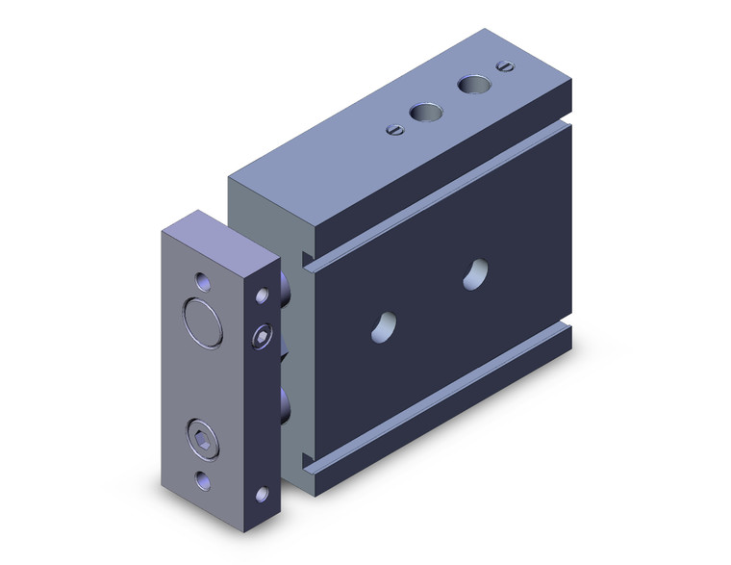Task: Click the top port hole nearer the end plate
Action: [421, 113]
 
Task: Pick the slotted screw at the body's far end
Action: [504, 65]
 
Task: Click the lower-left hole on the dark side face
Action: [384, 325]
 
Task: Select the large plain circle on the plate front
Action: [204, 321]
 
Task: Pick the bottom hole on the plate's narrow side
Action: [262, 495]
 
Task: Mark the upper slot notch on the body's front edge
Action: [308, 258]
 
